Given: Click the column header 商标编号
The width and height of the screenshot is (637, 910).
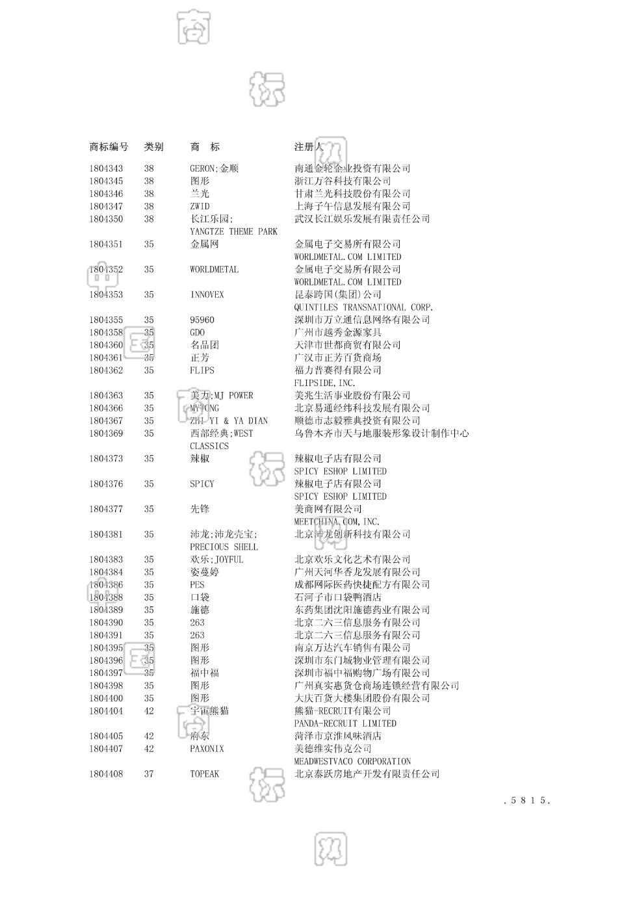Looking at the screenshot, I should pos(109,147).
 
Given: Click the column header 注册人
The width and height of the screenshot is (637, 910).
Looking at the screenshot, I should pos(309,147).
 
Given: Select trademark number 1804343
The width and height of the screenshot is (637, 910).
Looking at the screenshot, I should pos(106,168).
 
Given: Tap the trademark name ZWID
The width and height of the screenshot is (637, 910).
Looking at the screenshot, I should pos(200,206).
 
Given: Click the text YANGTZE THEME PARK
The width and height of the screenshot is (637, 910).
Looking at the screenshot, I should pos(233,231).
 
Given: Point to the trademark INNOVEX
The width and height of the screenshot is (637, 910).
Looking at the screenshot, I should pos(207,294).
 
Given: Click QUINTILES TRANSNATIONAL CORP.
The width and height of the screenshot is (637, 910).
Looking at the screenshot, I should pos(363,307).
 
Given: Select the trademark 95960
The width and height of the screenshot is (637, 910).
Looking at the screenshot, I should pos(201,320).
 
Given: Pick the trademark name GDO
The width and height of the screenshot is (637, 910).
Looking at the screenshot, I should pos(197,332).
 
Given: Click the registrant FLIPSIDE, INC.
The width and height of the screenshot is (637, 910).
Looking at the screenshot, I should pos(324,383).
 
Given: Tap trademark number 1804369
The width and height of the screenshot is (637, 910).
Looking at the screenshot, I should pos(106,434).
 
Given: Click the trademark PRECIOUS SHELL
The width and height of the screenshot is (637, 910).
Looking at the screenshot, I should pos(224,547).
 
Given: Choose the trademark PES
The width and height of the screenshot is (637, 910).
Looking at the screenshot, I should pos(197,585).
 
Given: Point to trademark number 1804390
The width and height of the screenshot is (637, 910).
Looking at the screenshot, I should pos(106,623).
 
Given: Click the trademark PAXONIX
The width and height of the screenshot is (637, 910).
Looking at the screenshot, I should pos(207,749).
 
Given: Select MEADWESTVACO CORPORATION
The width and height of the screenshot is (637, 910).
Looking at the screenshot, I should pos(352,762).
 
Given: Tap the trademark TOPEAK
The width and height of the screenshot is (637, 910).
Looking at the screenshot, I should pos(204,774).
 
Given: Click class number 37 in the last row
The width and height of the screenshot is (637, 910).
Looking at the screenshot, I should pos(149,774).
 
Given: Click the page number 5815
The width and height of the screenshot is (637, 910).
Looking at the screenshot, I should pos(527,801).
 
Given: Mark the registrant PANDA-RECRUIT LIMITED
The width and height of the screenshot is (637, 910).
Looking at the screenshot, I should pos(345,723).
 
